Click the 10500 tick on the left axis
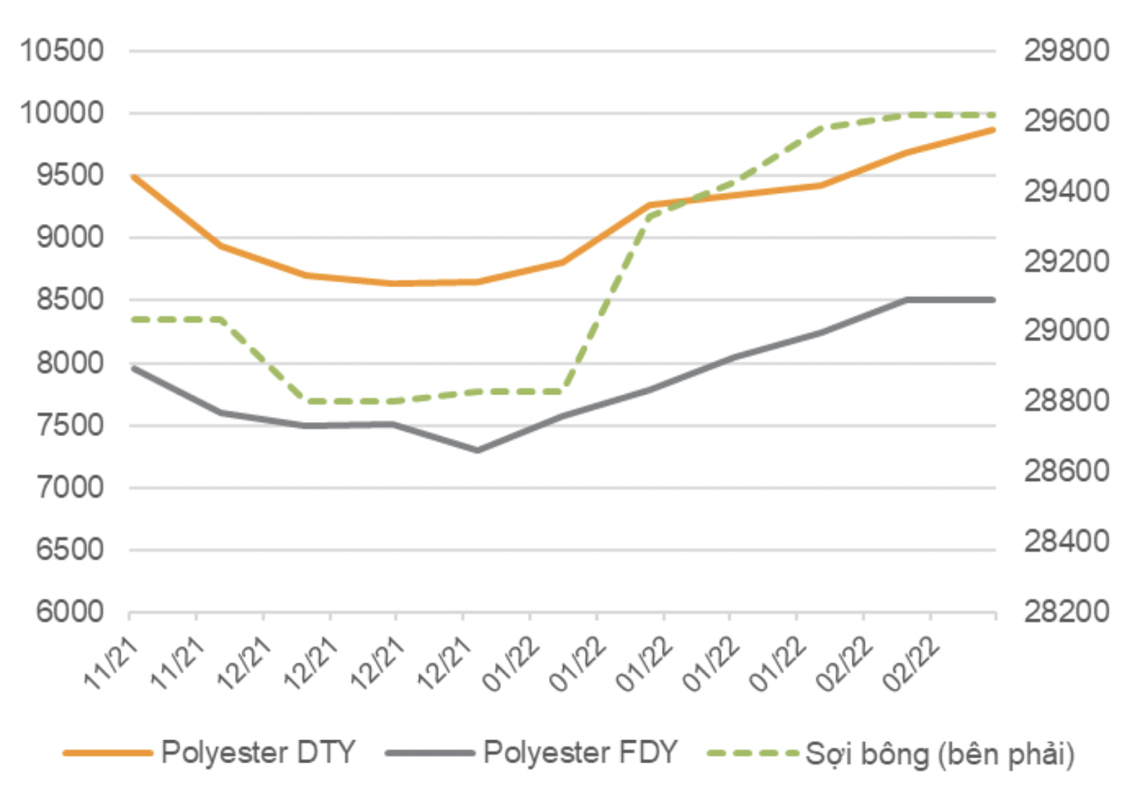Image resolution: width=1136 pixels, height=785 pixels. [62, 51]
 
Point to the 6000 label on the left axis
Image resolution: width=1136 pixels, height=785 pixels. [70, 612]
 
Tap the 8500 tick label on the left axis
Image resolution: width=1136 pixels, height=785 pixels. [70, 300]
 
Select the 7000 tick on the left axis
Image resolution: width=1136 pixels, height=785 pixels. [70, 487]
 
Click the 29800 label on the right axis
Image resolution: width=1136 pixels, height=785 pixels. [1066, 51]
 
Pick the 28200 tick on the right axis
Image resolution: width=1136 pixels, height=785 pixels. [1066, 612]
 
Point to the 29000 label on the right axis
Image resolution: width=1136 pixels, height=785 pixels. [1066, 330]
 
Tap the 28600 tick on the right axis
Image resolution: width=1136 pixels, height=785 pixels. [1066, 470]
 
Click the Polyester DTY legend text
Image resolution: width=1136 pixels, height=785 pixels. [258, 753]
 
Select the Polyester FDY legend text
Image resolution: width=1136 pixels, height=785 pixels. [580, 753]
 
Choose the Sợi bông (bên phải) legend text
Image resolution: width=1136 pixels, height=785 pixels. [939, 754]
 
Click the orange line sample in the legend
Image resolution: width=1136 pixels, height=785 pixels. [107, 753]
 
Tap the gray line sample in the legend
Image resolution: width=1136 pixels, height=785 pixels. [430, 753]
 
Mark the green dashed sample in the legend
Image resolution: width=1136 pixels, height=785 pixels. [753, 753]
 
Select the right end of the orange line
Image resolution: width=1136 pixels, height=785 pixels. [993, 130]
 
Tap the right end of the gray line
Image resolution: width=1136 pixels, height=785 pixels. [993, 300]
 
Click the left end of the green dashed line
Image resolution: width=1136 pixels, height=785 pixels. [133, 319]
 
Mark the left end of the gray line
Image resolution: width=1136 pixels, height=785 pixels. [133, 368]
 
